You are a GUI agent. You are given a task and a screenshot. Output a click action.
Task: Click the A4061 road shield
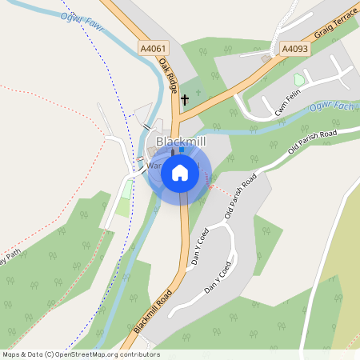pos(152,49)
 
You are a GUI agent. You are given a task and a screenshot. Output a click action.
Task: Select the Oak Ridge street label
pos(167,77)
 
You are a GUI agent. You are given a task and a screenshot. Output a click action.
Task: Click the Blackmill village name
pos(181,141)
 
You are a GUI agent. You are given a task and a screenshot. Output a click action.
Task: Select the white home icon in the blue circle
pos(180,173)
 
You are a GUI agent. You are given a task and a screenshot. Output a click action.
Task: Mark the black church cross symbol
pos(185,100)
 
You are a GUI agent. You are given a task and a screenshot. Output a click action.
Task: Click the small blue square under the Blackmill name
pos(182,150)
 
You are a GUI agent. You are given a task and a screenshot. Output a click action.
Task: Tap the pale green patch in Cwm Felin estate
pos(299,80)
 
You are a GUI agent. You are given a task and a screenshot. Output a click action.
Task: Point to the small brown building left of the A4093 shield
pos(266,58)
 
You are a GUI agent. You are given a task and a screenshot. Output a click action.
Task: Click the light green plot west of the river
pos(123,203)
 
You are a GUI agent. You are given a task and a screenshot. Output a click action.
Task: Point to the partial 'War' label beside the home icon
pos(155,166)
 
